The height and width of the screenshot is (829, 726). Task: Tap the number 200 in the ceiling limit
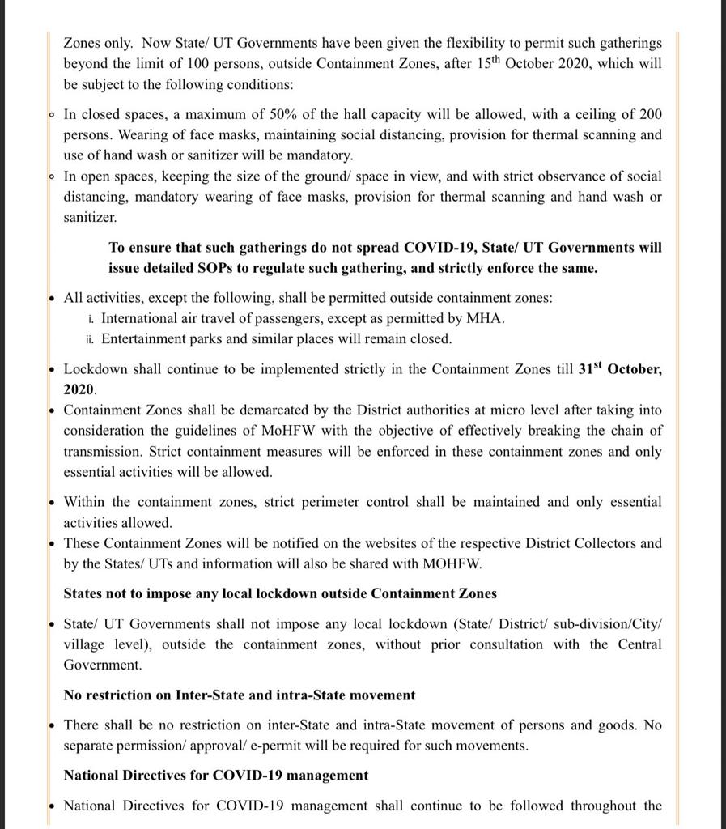(x=650, y=114)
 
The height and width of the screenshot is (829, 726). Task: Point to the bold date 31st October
(x=620, y=368)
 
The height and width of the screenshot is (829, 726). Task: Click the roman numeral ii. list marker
(x=91, y=339)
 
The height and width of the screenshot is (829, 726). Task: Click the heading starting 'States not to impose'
(x=280, y=593)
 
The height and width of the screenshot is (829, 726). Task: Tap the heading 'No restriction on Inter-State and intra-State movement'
(x=240, y=695)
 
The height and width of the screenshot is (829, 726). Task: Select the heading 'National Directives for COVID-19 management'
(x=216, y=775)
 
